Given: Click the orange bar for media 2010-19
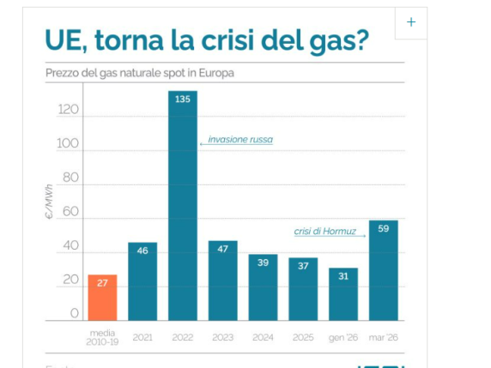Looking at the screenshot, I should click(102, 298).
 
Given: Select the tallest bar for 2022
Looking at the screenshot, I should click(182, 206).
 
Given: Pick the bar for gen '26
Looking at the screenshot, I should click(343, 294).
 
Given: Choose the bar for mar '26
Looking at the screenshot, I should click(383, 270).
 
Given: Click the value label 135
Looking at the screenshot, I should click(182, 100).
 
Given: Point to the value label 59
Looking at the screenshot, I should click(383, 229).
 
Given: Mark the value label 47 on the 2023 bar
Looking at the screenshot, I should click(222, 249).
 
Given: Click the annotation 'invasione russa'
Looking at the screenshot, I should click(240, 139).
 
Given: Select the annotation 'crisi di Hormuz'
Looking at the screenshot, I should click(324, 231).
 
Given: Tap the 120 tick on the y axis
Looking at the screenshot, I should click(69, 111).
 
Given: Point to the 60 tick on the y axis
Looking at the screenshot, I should click(71, 212).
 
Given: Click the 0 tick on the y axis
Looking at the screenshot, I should click(76, 314).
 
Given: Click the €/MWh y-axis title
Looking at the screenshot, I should click(50, 204).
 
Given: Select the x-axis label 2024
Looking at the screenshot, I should click(263, 338).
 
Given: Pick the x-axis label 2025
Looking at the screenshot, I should click(303, 338).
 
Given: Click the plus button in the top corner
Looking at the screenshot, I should click(411, 22).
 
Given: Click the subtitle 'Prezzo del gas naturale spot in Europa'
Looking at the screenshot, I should click(139, 73).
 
